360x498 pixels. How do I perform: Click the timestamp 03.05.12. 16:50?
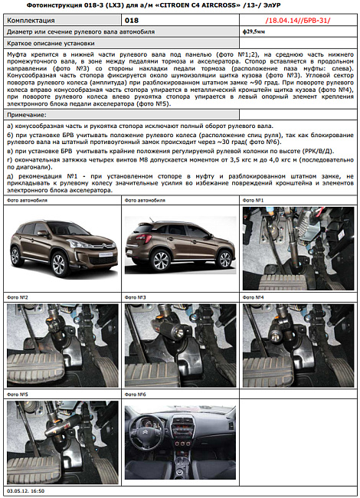pyautogui.click(x=26, y=490)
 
